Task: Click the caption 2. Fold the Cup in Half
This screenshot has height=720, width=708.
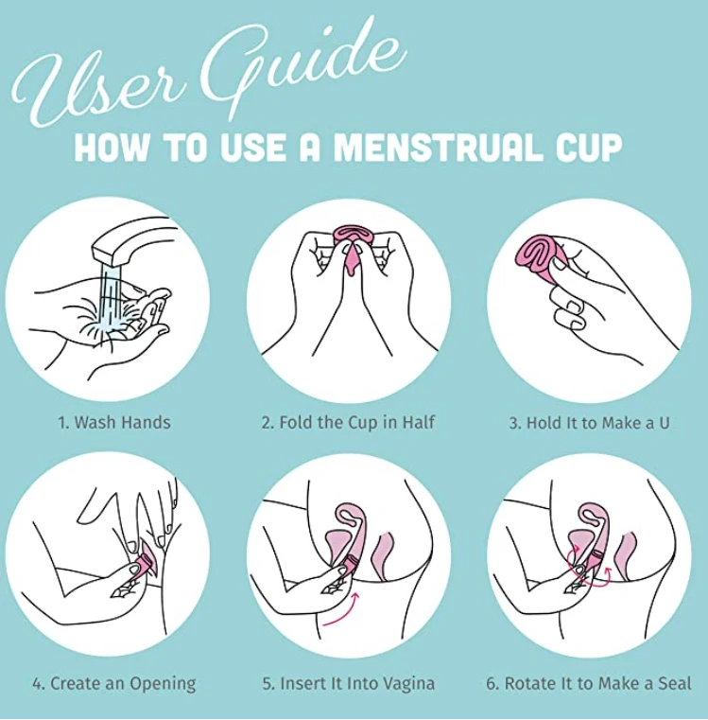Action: (x=348, y=423)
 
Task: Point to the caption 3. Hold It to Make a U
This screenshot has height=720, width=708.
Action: (x=589, y=423)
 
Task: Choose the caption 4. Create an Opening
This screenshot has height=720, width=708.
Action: (x=113, y=682)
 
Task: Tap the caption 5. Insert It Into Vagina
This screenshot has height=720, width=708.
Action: (x=349, y=682)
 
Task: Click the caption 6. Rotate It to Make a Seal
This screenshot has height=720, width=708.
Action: (x=589, y=682)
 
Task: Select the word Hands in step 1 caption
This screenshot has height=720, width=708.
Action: (x=146, y=423)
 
